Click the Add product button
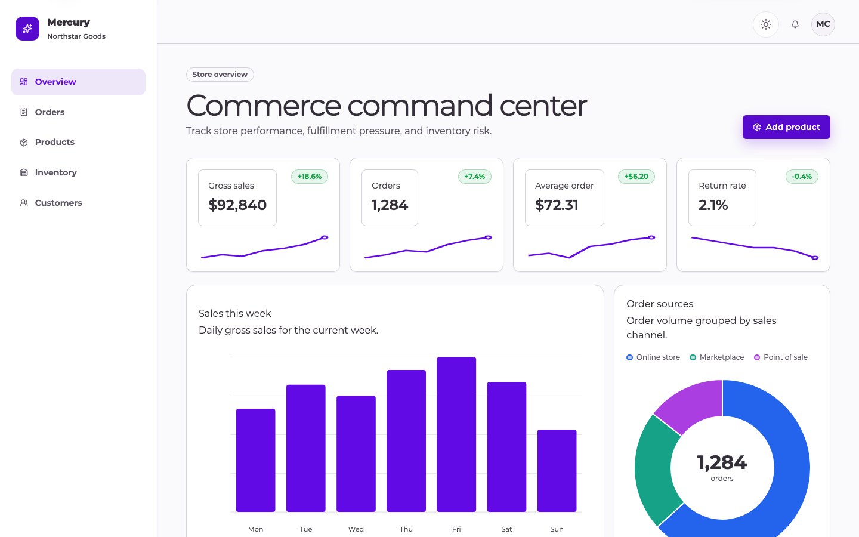(x=786, y=127)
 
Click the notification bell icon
(x=795, y=24)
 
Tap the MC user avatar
(x=823, y=24)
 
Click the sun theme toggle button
(x=766, y=24)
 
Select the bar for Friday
(x=456, y=434)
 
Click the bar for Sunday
(x=557, y=471)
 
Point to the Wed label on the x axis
(x=356, y=529)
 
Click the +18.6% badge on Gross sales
(x=310, y=177)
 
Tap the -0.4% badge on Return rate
(x=802, y=177)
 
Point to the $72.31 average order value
(x=557, y=205)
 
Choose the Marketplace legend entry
(x=717, y=357)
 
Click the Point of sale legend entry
(x=781, y=357)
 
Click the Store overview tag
(x=220, y=75)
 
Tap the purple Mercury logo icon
(x=27, y=29)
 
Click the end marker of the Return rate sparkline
(x=815, y=258)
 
